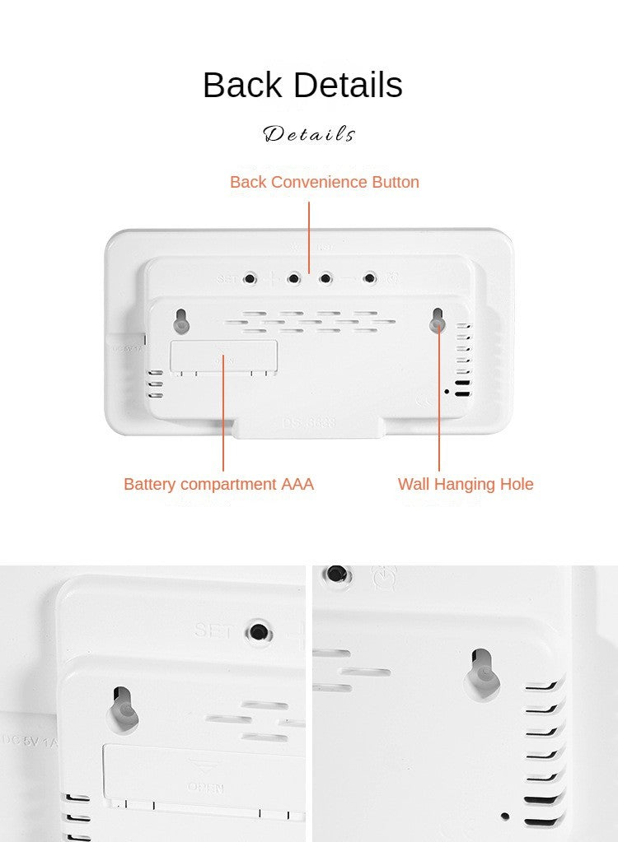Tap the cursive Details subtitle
tap(309, 134)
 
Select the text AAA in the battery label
tap(297, 484)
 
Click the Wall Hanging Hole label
tap(466, 484)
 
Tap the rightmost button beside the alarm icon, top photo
tap(370, 278)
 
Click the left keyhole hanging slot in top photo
tap(181, 321)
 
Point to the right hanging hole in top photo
tap(438, 322)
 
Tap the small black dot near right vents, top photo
tap(447, 391)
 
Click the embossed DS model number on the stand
tap(309, 422)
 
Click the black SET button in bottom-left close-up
tap(259, 632)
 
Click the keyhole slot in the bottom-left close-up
tap(123, 705)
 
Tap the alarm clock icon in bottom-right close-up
tap(383, 577)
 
